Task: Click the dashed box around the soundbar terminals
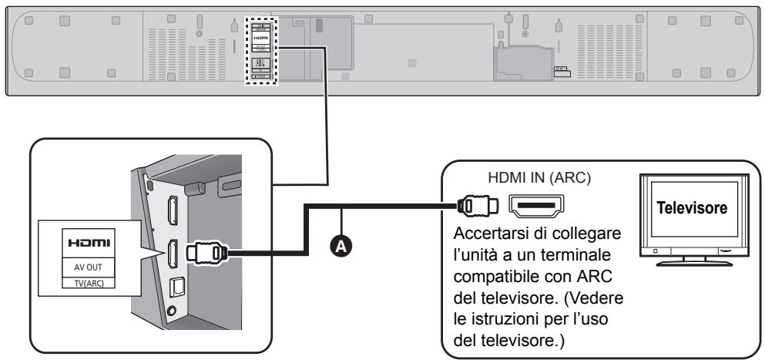258,49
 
